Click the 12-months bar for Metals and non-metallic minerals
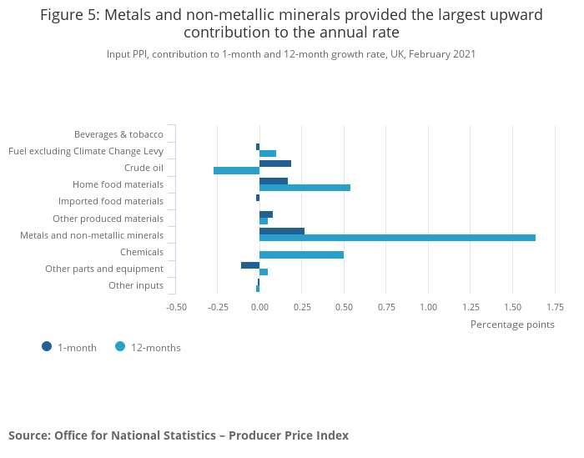coord(397,238)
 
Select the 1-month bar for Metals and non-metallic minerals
coord(282,231)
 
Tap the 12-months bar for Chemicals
coord(301,254)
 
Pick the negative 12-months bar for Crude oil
coord(236,170)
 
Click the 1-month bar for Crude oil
coord(275,164)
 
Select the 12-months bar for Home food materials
coord(305,187)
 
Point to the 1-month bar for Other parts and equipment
coord(250,265)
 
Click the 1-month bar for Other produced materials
coord(266,214)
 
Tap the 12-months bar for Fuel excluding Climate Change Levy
coord(268,154)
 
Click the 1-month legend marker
coord(47,346)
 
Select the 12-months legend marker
coord(120,346)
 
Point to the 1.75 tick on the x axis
coord(555,307)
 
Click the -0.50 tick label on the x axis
coord(176,307)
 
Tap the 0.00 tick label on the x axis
coord(259,307)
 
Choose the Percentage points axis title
coord(512,325)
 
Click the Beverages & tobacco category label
coord(118,134)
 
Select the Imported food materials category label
coord(111,201)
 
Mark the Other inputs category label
coord(136,285)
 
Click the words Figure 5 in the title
coord(68,15)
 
